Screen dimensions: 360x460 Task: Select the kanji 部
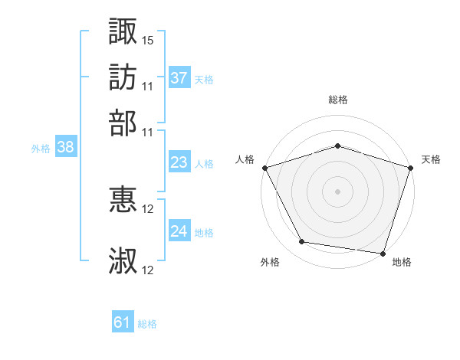(x=123, y=123)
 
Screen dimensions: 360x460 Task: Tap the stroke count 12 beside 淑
(x=148, y=270)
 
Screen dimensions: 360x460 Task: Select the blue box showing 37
(x=179, y=77)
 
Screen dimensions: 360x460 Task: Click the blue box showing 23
(x=179, y=162)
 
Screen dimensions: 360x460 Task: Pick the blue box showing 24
(x=179, y=231)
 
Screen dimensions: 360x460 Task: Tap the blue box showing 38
(x=65, y=148)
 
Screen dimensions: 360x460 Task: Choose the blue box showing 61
(x=122, y=322)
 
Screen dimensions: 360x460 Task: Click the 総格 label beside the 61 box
(x=147, y=324)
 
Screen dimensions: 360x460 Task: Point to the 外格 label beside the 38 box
(x=41, y=149)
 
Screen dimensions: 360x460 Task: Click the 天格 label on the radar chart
(x=432, y=159)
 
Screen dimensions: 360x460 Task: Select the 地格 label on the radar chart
(x=402, y=262)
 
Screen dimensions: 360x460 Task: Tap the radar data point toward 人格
(x=264, y=167)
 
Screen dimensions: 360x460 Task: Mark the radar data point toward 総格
(x=337, y=146)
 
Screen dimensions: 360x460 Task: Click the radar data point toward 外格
(x=302, y=242)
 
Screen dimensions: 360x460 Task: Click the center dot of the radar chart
(x=337, y=191)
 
